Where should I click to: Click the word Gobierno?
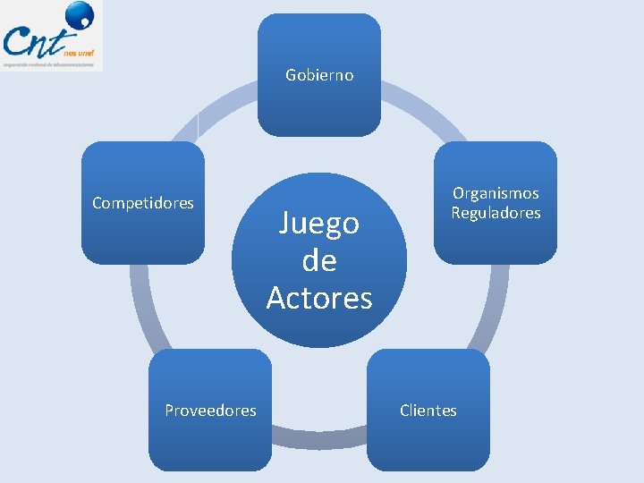coord(319,75)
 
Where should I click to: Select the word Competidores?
coord(143,203)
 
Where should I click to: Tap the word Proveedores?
coord(210,411)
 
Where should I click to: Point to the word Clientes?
coord(428,411)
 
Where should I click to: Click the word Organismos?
coord(496,193)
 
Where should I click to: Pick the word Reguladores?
coord(496,213)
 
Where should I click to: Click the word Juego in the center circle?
coord(318,223)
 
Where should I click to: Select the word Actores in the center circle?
coord(318,298)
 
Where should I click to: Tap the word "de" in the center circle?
coord(318,260)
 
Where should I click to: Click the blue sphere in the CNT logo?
coord(80,15)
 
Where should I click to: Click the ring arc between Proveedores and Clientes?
coord(319,437)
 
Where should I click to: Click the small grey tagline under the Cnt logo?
coord(49,64)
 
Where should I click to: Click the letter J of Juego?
coord(285,223)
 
